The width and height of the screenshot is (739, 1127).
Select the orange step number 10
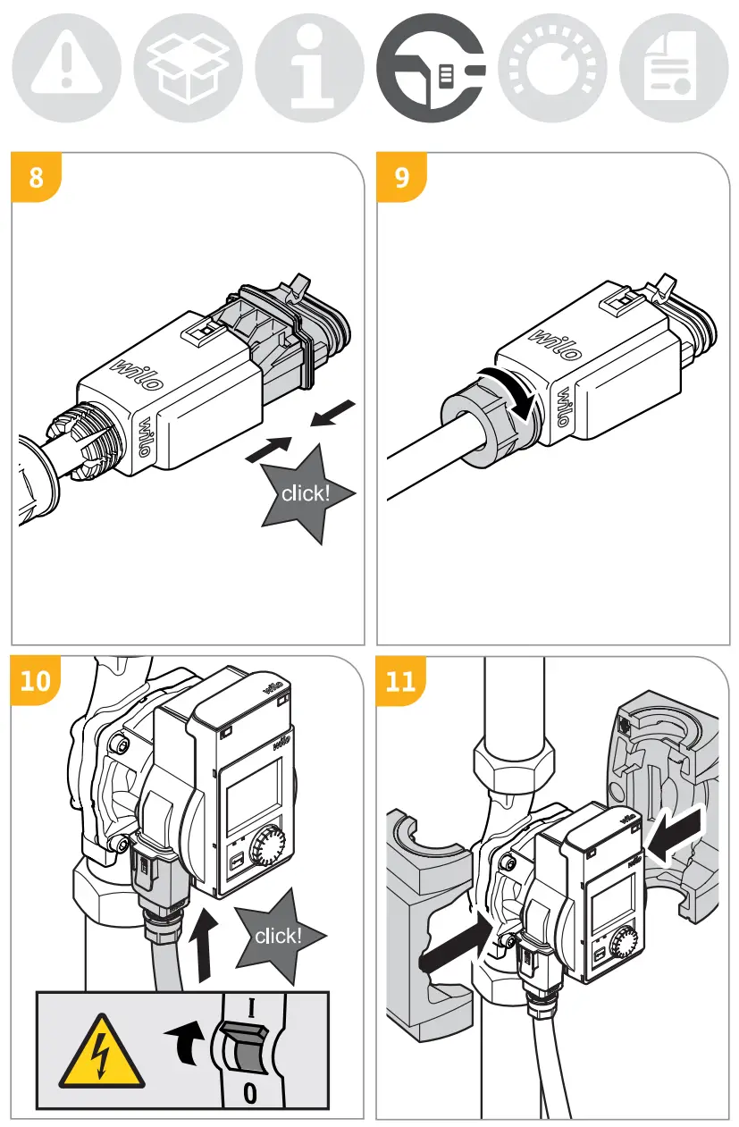36,681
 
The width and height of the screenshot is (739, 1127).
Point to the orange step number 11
402,681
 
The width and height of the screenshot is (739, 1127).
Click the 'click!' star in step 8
306,493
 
